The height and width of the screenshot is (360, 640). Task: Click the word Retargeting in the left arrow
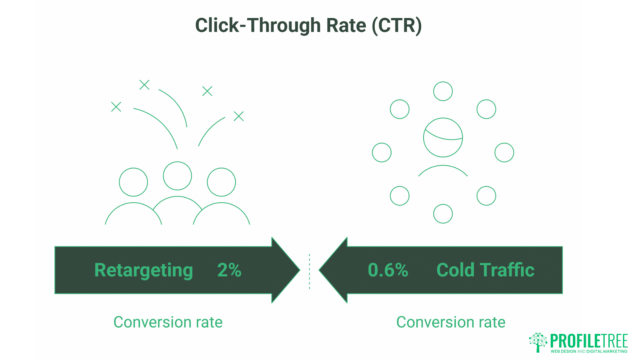click(x=143, y=270)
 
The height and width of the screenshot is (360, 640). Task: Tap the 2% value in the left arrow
click(x=229, y=270)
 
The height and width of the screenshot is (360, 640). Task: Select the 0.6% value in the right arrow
click(x=388, y=270)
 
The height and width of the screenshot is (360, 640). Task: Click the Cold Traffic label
click(x=485, y=270)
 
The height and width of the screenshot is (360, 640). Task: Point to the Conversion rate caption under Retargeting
click(x=168, y=322)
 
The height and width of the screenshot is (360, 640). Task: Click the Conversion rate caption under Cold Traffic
click(x=451, y=322)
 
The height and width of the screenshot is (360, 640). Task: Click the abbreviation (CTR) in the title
click(x=397, y=25)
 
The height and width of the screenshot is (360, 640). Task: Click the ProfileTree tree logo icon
click(x=538, y=342)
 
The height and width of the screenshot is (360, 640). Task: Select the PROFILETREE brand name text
click(x=589, y=341)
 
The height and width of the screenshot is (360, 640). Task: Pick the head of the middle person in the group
click(x=177, y=176)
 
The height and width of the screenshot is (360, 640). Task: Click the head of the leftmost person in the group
click(x=133, y=182)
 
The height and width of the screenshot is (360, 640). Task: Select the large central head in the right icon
click(x=443, y=137)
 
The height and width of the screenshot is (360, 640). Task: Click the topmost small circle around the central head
click(x=443, y=91)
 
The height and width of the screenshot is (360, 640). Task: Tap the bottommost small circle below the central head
click(x=443, y=214)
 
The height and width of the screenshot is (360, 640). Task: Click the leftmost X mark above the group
click(x=116, y=107)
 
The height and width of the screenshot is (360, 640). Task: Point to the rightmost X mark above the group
click(x=239, y=116)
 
